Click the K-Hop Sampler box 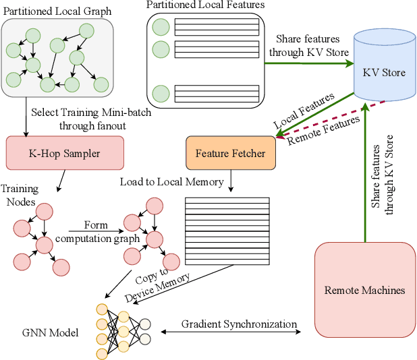point(65,153)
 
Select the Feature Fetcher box point(230,153)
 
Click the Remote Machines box point(364,291)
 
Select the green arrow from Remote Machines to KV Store point(364,175)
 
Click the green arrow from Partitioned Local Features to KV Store point(308,63)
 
